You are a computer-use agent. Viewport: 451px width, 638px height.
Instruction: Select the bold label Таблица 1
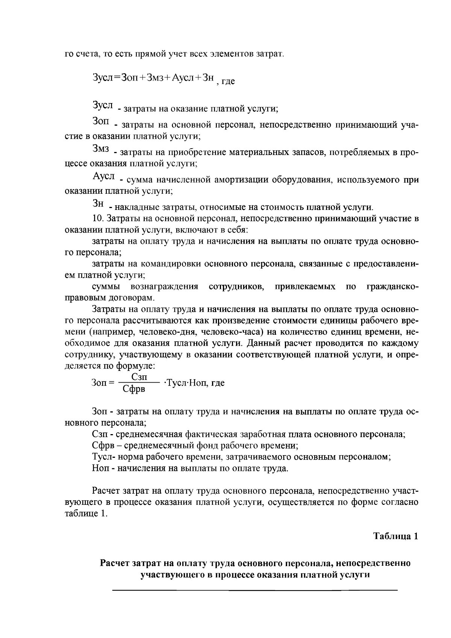[395, 536]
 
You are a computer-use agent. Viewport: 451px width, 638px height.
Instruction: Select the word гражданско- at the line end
[392, 287]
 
